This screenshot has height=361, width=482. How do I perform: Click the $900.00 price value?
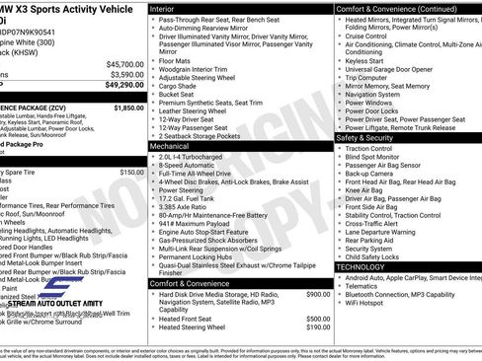pyautogui.click(x=318, y=294)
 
